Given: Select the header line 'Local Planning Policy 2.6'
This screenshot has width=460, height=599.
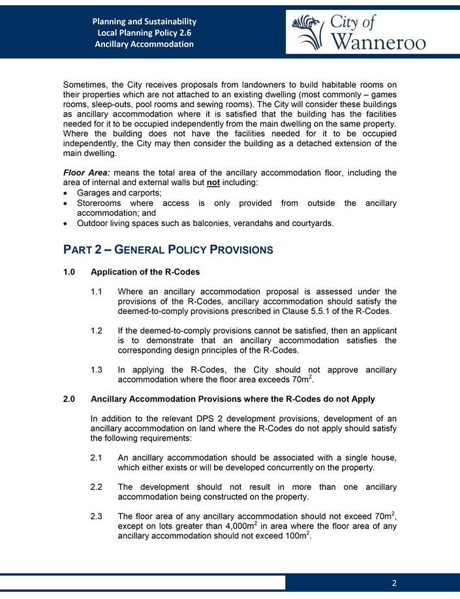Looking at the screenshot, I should (144, 33).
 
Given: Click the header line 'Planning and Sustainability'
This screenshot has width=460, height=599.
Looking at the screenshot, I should (144, 22).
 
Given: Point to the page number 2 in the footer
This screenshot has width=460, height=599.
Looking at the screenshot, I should (394, 583).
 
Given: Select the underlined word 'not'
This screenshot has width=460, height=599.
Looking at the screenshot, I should (267, 183).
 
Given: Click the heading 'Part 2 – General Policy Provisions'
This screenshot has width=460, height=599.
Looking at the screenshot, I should (168, 250).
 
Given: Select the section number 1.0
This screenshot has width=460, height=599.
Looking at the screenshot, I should (70, 272).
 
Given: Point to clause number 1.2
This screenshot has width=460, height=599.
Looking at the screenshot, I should (99, 330).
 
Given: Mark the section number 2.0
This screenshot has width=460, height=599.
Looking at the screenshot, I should (70, 398).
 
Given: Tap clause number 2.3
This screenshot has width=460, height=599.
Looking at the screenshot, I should (99, 517).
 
